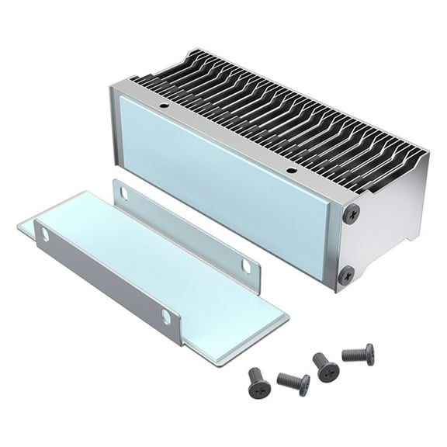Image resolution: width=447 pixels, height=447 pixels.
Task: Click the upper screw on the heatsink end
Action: click(x=352, y=213)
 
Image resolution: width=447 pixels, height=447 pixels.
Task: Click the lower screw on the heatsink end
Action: click(x=347, y=274)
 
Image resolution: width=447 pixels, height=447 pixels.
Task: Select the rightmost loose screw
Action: click(x=359, y=354)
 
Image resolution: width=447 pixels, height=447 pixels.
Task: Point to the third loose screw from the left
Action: click(x=326, y=367)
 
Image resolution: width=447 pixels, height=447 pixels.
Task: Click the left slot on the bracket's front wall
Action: click(x=44, y=234)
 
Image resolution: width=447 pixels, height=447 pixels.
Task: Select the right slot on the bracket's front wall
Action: click(x=166, y=316)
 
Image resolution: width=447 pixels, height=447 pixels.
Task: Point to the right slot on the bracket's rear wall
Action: click(x=246, y=266)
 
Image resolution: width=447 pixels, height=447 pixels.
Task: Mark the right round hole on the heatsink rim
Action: click(x=291, y=170)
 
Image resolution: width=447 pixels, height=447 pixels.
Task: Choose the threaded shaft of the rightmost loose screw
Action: click(x=353, y=355)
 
